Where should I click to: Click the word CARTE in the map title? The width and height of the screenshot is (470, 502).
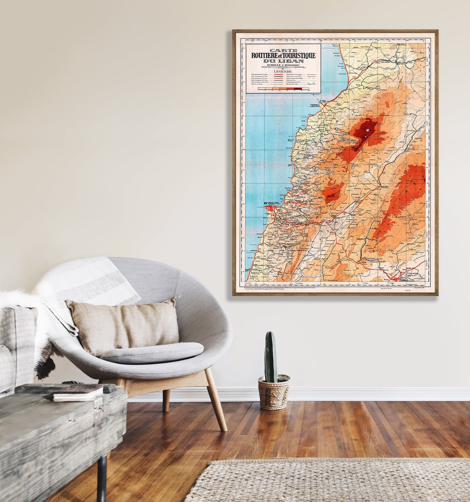(x=283, y=51)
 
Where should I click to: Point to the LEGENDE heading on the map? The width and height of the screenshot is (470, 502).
(x=283, y=71)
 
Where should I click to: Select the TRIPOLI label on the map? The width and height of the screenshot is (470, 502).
(x=315, y=105)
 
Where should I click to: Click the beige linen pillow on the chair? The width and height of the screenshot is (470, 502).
(x=123, y=327)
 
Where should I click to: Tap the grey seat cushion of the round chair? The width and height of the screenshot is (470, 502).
(x=152, y=352)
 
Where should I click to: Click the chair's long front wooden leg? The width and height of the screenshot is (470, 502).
(x=216, y=399)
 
